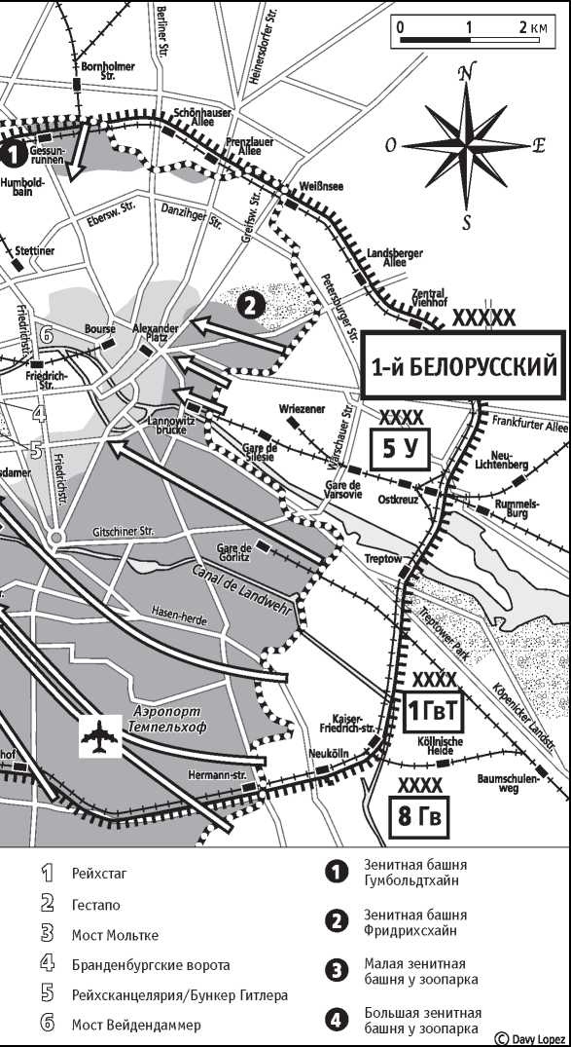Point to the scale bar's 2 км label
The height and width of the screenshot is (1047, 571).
[x=533, y=27]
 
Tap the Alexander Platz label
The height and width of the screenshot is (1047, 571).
[x=155, y=333]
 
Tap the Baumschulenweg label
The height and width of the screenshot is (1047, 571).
[x=507, y=783]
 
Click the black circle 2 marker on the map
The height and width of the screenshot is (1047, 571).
[x=250, y=306]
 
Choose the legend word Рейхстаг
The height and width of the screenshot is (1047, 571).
[x=98, y=873]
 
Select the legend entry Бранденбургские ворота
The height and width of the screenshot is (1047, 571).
[x=150, y=965]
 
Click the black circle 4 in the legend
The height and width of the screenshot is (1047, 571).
[x=337, y=1020]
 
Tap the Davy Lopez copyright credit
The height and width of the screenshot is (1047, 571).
[x=529, y=1038]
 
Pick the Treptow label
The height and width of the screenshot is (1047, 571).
[x=382, y=559]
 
